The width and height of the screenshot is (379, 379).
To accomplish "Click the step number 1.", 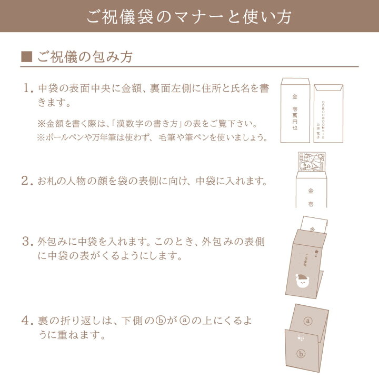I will click(x=27, y=88).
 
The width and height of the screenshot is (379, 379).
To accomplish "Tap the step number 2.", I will click(x=27, y=181).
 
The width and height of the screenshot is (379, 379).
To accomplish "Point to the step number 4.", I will click(x=27, y=320).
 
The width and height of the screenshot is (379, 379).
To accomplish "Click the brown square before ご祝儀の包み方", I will click(x=26, y=57).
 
